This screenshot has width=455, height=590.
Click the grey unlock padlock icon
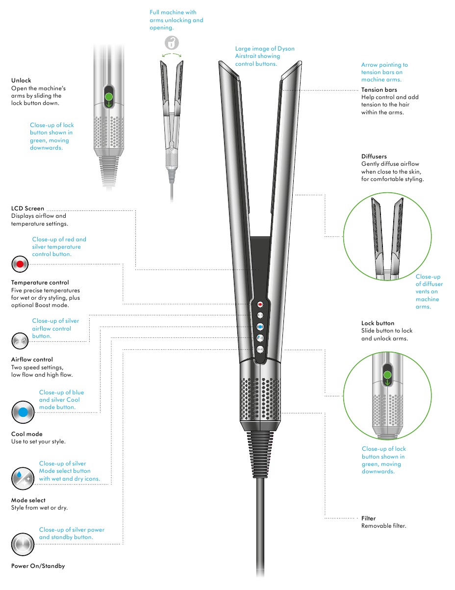pyautogui.click(x=172, y=43)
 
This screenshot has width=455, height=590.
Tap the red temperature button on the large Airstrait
pyautogui.click(x=260, y=305)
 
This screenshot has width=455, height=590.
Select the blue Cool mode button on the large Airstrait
pyautogui.click(x=260, y=327)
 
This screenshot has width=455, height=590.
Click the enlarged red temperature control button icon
pyautogui.click(x=20, y=264)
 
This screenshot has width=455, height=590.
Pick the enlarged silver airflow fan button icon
pyautogui.click(x=20, y=341)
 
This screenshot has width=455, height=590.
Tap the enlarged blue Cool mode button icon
pyautogui.click(x=23, y=412)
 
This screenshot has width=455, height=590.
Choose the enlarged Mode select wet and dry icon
pyautogui.click(x=23, y=478)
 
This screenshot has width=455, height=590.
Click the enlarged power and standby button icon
pyautogui.click(x=23, y=544)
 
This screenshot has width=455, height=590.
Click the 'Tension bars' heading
pyautogui.click(x=379, y=90)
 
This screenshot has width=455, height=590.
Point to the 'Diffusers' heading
pyautogui.click(x=374, y=156)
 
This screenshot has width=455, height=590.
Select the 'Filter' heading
pyautogui.click(x=368, y=518)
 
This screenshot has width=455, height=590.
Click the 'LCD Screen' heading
pyautogui.click(x=27, y=208)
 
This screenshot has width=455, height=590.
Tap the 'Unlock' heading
pyautogui.click(x=21, y=80)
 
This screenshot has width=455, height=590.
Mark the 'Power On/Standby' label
pyautogui.click(x=38, y=566)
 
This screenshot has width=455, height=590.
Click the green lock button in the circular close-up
pyautogui.click(x=387, y=375)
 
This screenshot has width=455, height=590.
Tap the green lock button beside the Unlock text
pyautogui.click(x=109, y=97)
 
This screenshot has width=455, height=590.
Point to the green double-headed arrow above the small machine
pyautogui.click(x=172, y=54)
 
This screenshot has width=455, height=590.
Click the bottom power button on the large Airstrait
pyautogui.click(x=260, y=349)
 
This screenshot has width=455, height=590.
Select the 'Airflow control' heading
pyautogui.click(x=32, y=359)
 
